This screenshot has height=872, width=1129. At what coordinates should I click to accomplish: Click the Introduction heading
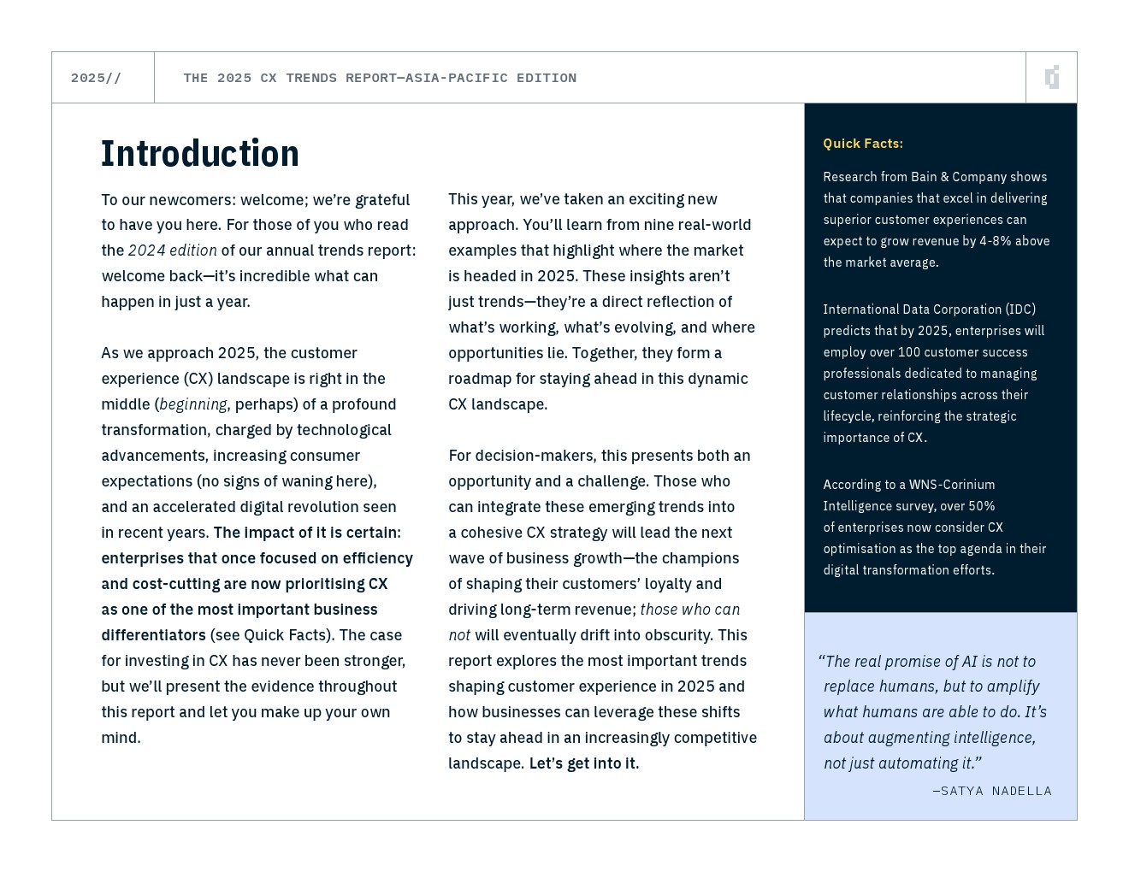click(200, 154)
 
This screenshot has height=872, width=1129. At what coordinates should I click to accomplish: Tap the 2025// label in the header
click(96, 78)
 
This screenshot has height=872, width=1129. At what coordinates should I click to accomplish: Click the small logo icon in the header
click(1052, 78)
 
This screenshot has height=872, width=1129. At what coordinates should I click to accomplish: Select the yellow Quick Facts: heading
click(862, 144)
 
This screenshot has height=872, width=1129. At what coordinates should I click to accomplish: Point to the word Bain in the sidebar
click(924, 177)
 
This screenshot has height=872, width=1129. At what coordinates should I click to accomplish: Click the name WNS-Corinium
click(952, 485)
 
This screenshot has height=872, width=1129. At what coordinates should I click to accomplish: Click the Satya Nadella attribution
click(992, 791)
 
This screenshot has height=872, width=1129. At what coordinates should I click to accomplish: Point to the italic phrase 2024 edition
click(172, 250)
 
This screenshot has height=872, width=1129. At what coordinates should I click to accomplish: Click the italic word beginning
click(193, 404)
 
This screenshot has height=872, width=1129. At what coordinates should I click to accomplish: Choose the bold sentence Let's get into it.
click(583, 763)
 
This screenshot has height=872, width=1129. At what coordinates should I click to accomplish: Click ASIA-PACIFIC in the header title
click(456, 78)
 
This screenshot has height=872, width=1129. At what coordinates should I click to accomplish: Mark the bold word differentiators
click(153, 635)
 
